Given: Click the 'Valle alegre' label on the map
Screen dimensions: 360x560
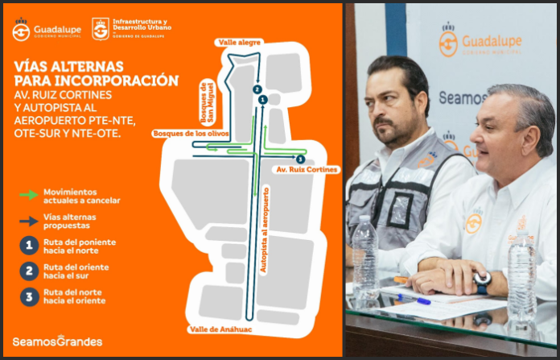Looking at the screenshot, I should [239, 42].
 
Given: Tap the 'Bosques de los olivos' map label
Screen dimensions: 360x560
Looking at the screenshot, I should [191, 133].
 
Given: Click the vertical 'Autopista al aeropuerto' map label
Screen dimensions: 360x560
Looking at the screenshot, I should [265, 230].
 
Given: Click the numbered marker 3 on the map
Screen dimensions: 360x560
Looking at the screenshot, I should [300, 159].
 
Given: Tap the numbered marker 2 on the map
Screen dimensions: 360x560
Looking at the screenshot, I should [256, 89].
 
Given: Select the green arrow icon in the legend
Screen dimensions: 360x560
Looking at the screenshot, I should [28, 194].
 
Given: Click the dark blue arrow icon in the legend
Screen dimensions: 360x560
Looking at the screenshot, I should [28, 218].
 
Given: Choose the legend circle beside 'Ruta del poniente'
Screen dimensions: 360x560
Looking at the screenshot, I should [29, 245].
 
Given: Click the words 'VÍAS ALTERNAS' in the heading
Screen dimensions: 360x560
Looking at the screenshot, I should [68, 65].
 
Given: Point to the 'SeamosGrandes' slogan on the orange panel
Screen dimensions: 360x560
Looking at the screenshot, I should [57, 341].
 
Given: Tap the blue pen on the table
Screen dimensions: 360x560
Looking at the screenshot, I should [414, 299].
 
